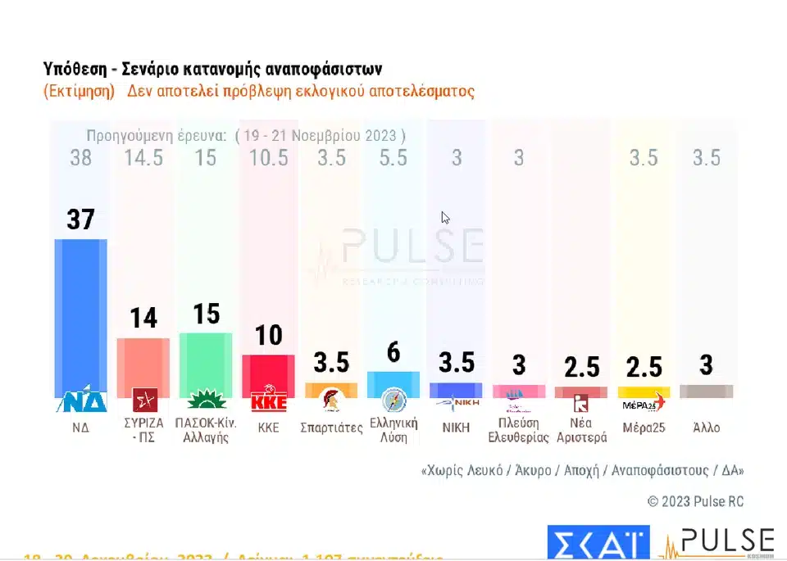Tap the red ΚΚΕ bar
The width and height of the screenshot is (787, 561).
pos(268,373)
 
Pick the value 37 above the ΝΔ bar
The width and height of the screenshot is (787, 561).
pos(81,219)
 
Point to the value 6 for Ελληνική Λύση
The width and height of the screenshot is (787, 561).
pos(393,352)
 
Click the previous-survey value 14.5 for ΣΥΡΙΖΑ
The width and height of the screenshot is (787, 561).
pos(143,157)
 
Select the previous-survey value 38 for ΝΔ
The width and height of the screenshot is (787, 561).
pos(80,157)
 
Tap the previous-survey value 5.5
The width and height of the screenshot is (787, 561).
pos(393,157)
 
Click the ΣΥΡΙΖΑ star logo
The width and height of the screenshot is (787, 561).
pos(144,401)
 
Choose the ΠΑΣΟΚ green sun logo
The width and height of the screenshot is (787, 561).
pos(206,401)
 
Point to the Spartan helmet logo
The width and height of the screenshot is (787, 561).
pos(331,401)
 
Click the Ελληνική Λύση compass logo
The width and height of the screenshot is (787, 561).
pos(393,401)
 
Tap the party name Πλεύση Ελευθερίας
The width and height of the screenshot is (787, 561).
pos(519,429)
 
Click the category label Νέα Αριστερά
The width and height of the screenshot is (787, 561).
pos(581,429)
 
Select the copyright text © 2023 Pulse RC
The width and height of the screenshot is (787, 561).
pos(695,501)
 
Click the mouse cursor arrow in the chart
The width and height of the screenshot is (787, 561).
pos(445,218)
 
